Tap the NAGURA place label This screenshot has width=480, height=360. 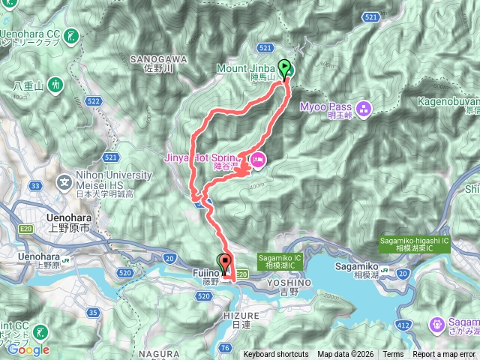pos(160,350)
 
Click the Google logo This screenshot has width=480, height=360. pos(28,349)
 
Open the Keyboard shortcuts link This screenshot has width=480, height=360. pos(275,354)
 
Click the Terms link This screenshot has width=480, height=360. pos(393,354)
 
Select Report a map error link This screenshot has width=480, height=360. pos(444,354)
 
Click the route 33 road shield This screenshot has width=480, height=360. pos(35,186)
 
